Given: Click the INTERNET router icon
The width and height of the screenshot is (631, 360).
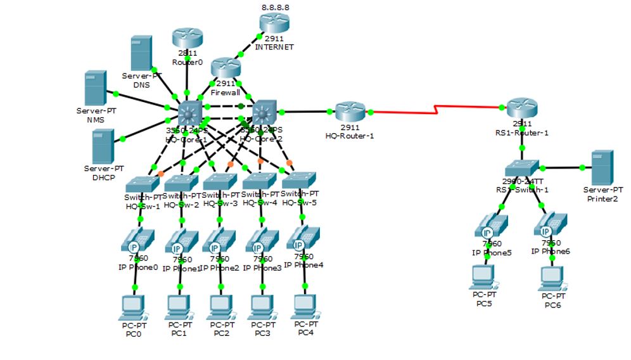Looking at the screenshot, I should tap(274, 23).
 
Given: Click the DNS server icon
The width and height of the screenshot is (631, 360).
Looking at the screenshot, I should tap(141, 53).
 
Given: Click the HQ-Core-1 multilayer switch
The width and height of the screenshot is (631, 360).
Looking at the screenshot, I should tap(189, 114).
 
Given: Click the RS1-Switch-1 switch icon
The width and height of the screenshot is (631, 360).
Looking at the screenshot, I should tap(521, 167).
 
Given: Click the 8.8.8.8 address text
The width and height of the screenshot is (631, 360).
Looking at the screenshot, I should tap(275, 7).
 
